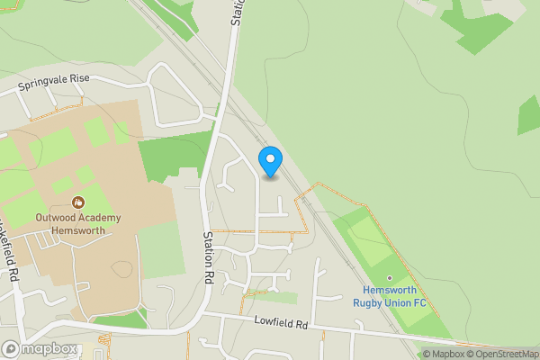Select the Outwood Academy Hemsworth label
pos(70,224)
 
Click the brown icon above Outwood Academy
pos(78,202)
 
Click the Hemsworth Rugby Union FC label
pos(395,297)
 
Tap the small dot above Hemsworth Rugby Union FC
pos(390,278)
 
